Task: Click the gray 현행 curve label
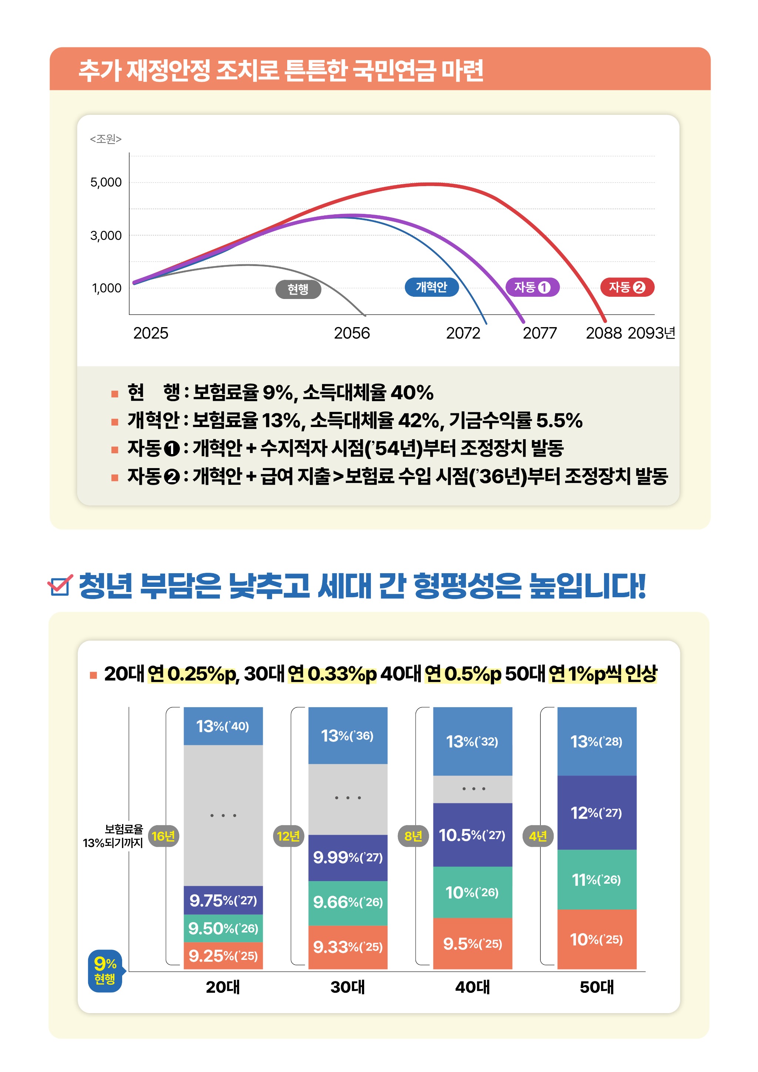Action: point(298,289)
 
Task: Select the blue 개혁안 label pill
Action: point(431,287)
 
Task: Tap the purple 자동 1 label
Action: point(533,287)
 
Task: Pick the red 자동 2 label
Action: point(627,287)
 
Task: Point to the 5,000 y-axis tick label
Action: point(106,182)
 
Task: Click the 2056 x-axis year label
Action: point(352,333)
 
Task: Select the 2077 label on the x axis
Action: point(539,333)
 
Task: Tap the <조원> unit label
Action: point(105,139)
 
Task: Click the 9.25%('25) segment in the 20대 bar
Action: point(223,956)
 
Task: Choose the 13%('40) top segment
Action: point(223,726)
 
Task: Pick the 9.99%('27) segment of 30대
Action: point(348,857)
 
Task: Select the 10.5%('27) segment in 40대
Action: point(472,835)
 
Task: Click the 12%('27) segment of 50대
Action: point(596,813)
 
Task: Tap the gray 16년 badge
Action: point(163,836)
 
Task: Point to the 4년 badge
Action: point(537,836)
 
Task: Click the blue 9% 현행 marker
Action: point(105,970)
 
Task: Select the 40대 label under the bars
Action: point(472,987)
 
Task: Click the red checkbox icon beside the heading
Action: point(60,585)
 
